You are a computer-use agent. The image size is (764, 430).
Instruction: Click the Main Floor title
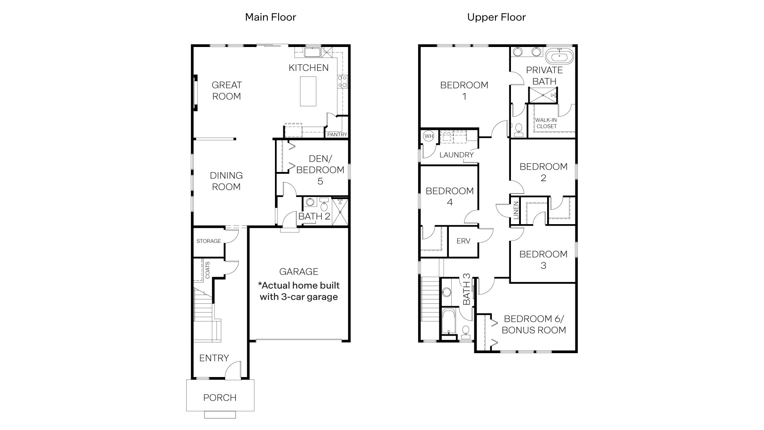(271, 17)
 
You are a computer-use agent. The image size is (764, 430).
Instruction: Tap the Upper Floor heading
(496, 17)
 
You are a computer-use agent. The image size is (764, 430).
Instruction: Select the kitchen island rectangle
(308, 91)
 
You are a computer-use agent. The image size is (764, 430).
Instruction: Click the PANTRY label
(337, 135)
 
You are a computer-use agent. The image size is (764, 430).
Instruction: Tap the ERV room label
(463, 241)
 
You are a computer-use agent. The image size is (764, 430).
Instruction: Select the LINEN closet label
(516, 211)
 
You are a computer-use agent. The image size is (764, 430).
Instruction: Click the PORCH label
(220, 397)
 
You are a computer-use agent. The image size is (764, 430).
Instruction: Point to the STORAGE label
(209, 241)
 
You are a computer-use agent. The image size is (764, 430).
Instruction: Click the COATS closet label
(208, 270)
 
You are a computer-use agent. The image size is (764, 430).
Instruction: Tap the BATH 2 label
(314, 217)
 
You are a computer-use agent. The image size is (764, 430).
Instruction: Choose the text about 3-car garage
(299, 291)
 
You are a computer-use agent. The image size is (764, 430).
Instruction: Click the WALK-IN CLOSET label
(546, 123)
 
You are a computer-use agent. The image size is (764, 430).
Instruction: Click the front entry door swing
(234, 370)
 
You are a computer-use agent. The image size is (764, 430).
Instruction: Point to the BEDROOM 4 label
(450, 196)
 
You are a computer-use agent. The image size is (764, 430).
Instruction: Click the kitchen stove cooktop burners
(343, 81)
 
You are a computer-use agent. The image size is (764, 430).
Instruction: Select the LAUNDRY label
(456, 155)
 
